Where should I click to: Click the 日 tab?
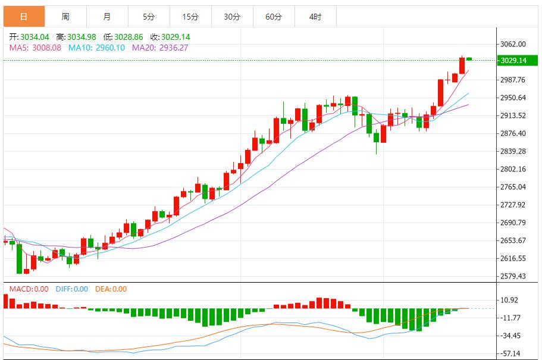[x=24, y=17]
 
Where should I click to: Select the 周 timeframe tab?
[x=65, y=17]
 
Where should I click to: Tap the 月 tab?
[x=106, y=17]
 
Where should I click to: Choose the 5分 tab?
[x=148, y=17]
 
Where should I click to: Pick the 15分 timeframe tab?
[x=190, y=17]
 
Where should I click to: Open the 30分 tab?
[x=231, y=17]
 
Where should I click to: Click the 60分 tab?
[x=273, y=17]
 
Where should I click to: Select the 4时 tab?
[x=315, y=17]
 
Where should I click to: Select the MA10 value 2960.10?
[x=105, y=48]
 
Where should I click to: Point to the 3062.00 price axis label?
[x=513, y=44]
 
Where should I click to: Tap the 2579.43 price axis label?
[x=513, y=277]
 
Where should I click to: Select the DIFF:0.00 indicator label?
[x=71, y=289]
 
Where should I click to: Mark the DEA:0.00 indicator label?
[x=111, y=289]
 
